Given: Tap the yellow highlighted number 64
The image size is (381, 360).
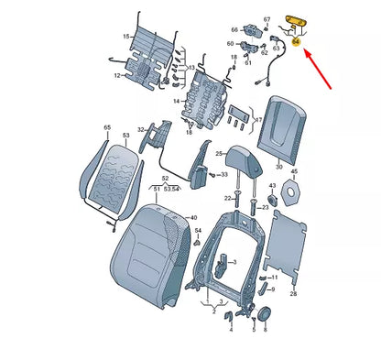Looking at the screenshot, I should click(x=296, y=40).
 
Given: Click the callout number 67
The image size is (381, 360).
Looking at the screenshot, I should click(x=267, y=18).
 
